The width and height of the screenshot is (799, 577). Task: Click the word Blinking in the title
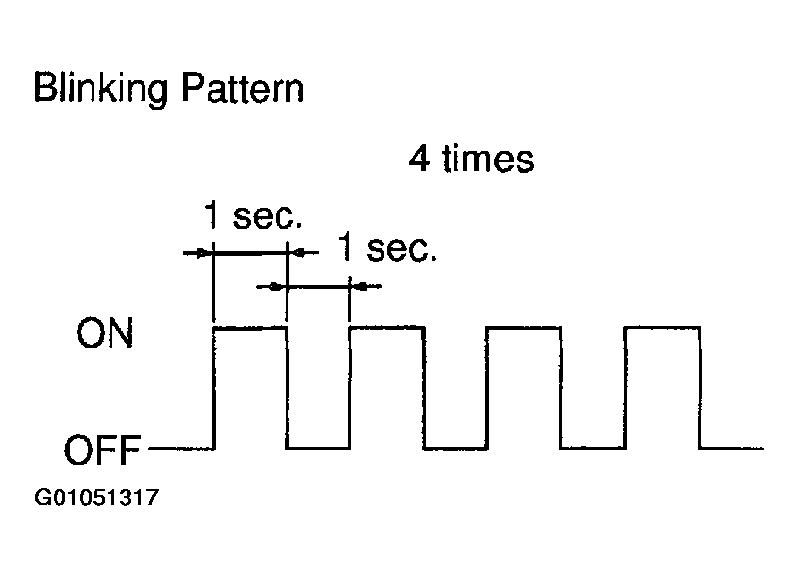100,89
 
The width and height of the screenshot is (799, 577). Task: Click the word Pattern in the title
243,88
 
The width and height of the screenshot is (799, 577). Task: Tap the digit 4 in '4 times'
419,158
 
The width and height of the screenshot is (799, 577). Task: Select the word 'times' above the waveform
487,158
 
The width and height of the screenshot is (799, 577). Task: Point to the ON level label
105,332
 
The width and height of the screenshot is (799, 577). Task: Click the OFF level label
102,450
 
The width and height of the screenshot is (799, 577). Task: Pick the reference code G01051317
96,498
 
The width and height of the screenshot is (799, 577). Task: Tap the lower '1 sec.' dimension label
387,247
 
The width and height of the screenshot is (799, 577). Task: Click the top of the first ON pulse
250,328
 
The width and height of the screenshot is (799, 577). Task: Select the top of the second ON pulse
387,327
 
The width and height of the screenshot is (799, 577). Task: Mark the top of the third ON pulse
524,328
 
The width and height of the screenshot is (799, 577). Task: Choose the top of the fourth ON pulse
662,328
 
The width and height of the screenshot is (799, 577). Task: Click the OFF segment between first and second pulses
318,448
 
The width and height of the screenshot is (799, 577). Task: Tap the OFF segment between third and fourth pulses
593,448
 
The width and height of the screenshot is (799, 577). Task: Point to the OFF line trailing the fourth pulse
731,448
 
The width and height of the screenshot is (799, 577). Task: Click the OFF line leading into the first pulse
181,449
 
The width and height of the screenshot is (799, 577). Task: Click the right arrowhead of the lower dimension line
360,286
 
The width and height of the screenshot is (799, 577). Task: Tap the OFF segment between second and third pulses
456,448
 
